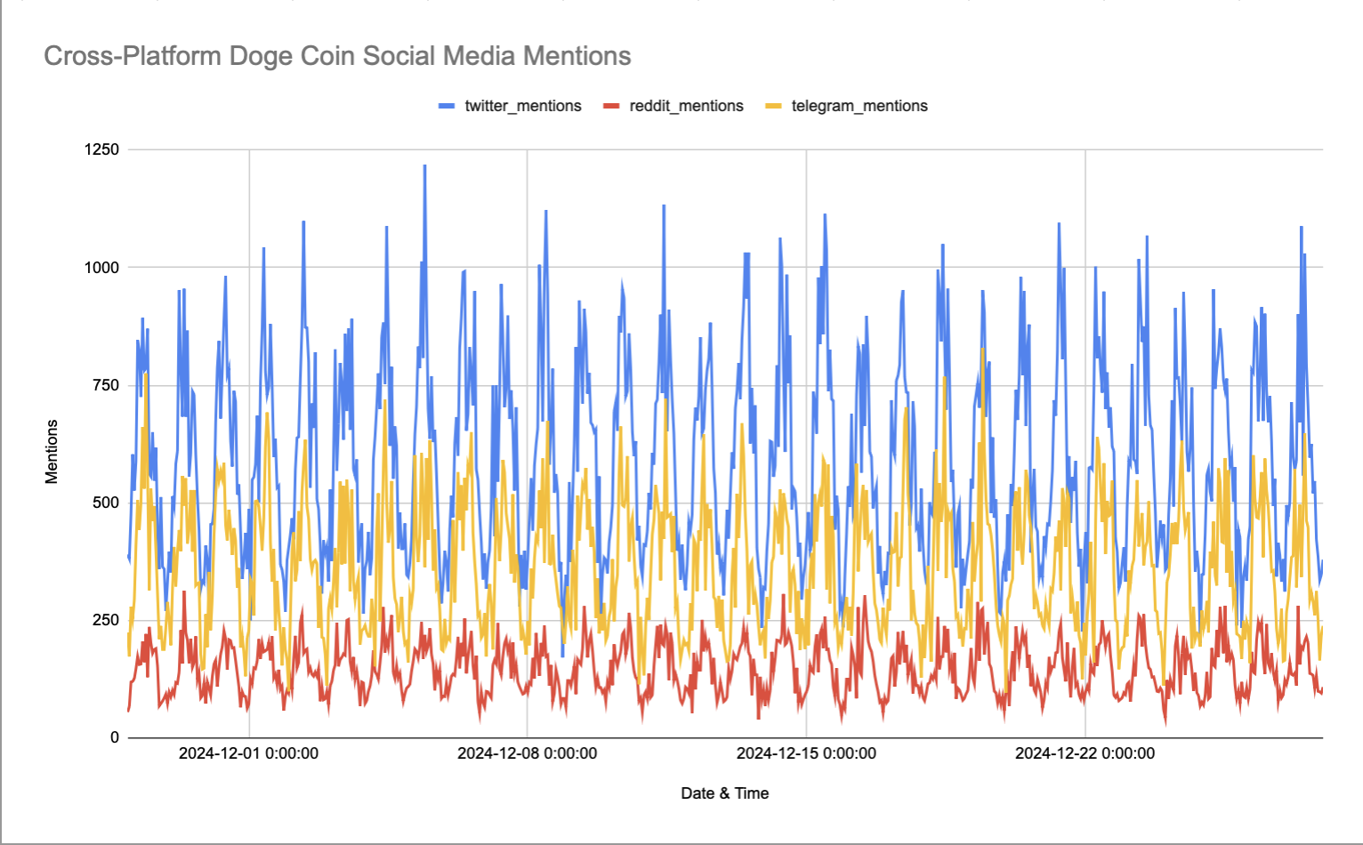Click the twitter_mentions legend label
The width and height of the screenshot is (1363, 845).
click(522, 106)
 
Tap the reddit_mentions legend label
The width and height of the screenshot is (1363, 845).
click(686, 106)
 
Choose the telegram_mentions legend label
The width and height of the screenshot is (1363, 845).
click(859, 106)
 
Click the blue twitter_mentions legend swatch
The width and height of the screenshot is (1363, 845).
click(447, 106)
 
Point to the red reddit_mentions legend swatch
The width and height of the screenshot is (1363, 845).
click(611, 106)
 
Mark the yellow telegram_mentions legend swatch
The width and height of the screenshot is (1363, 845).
click(773, 106)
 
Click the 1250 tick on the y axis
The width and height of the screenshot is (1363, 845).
click(101, 149)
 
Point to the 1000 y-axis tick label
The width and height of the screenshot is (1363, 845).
click(101, 268)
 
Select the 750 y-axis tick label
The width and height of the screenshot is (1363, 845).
click(106, 385)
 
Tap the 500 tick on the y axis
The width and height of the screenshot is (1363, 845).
click(106, 503)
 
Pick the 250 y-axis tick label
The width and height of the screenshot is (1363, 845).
click(106, 620)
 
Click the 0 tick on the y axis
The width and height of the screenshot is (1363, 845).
click(115, 737)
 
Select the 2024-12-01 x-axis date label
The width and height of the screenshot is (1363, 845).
click(248, 753)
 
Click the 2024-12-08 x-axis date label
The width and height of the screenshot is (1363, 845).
click(527, 753)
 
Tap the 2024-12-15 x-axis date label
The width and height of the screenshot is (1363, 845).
click(806, 753)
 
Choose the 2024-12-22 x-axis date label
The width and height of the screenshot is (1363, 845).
click(1085, 753)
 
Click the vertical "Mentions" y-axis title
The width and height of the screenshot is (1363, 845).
click(52, 452)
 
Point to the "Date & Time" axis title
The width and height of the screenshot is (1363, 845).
click(724, 793)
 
